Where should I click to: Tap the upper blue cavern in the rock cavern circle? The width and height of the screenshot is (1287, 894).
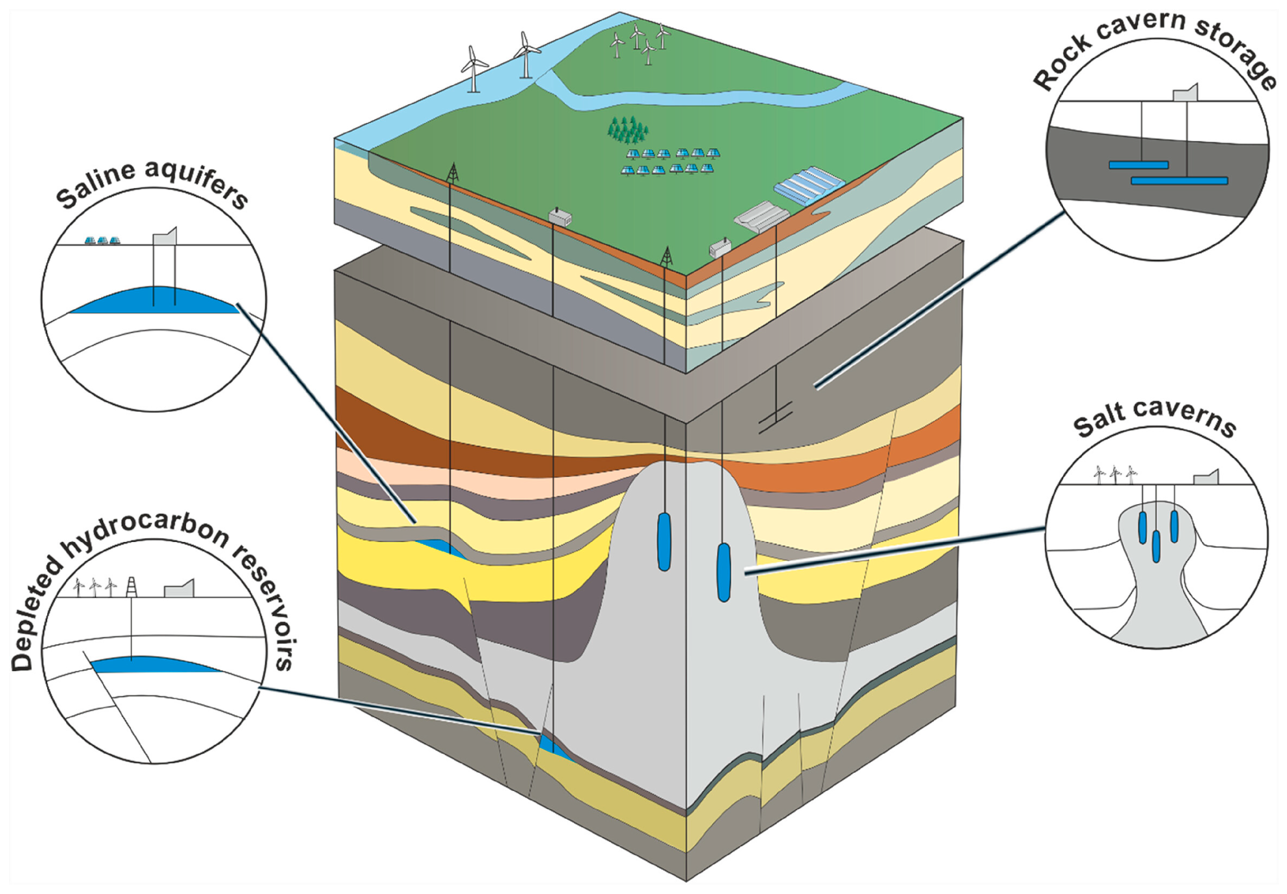(1138, 165)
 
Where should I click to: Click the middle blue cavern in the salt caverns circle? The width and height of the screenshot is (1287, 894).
(1155, 546)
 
